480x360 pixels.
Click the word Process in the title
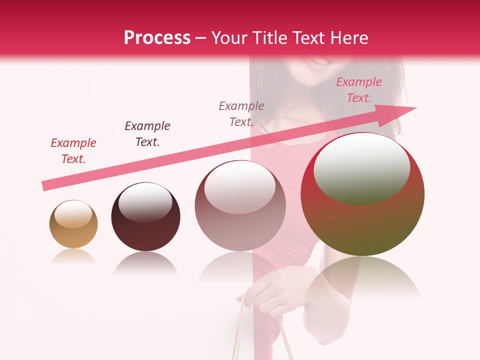click(x=157, y=38)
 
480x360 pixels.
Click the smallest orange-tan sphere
click(x=73, y=224)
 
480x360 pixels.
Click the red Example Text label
click(x=73, y=151)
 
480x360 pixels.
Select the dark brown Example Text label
click(x=147, y=134)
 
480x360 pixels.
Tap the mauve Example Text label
click(x=241, y=114)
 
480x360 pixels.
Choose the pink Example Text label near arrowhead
click(x=359, y=90)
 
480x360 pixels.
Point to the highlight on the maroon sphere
click(x=145, y=202)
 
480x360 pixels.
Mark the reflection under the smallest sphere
click(x=73, y=256)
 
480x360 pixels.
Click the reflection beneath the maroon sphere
click(x=145, y=263)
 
